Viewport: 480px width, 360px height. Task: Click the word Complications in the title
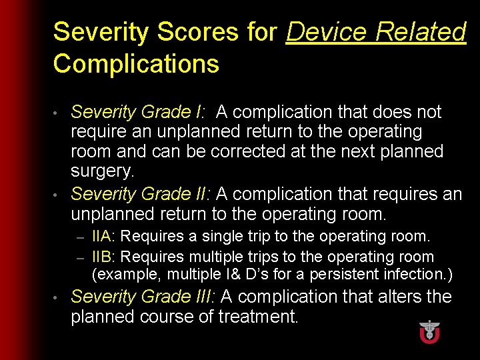coord(136,64)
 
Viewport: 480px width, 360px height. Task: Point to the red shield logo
coord(429,331)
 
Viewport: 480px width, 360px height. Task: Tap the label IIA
coord(103,236)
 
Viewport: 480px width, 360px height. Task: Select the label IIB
coord(103,257)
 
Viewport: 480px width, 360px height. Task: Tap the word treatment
coord(257,317)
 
